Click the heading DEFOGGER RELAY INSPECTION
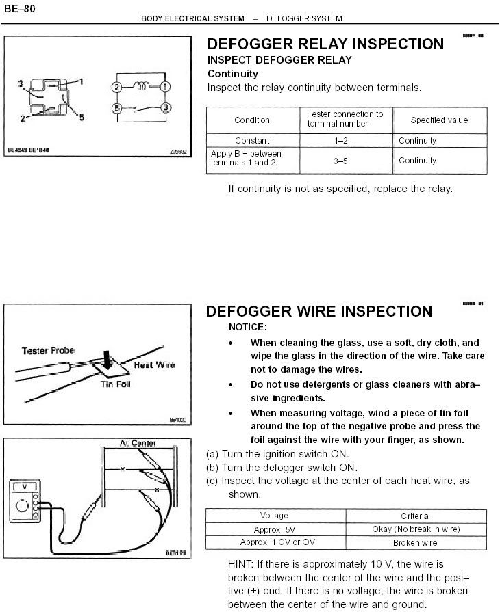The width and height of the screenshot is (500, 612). click(x=325, y=44)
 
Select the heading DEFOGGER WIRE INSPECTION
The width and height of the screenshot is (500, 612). click(x=319, y=312)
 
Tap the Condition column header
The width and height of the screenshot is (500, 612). click(x=252, y=120)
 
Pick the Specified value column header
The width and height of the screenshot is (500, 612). click(x=439, y=120)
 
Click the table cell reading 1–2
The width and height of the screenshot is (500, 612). click(x=345, y=141)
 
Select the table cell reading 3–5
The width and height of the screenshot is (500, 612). click(x=345, y=161)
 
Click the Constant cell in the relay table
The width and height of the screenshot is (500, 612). click(x=252, y=141)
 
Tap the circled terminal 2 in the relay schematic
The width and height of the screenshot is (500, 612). click(x=117, y=88)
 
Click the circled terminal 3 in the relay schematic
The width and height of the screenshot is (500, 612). click(x=165, y=109)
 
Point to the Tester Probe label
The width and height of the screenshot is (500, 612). click(x=48, y=351)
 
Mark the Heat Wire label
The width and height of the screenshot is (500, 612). click(x=154, y=365)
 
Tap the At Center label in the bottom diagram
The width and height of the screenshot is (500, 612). click(x=138, y=444)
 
